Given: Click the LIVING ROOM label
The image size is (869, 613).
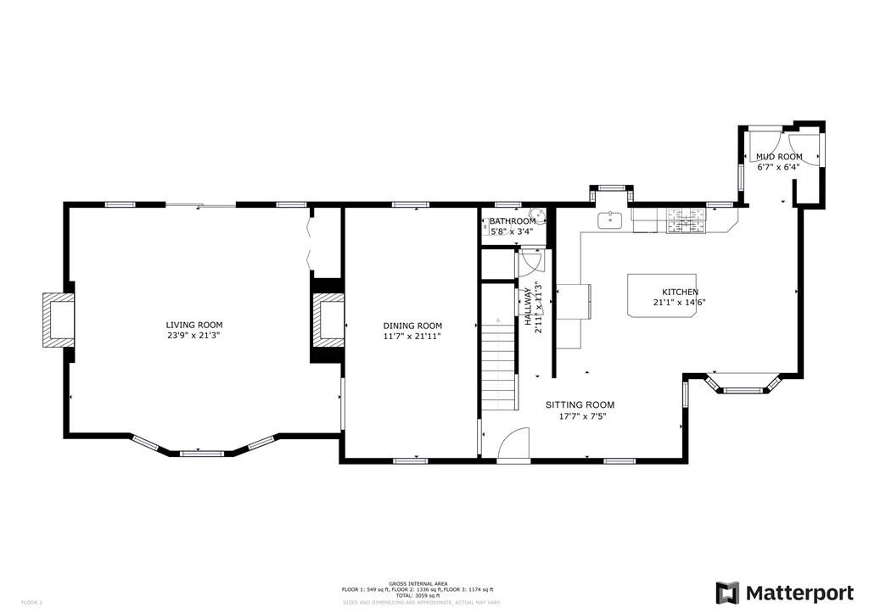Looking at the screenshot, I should [194, 325].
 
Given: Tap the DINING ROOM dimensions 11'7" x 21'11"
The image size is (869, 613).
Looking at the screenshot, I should [412, 337].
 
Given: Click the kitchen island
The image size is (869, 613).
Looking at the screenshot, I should [663, 295].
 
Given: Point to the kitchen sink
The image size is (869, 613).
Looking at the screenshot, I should [610, 221].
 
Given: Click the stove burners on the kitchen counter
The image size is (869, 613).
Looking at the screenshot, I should [686, 220].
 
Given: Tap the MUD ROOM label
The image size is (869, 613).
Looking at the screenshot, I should [779, 157].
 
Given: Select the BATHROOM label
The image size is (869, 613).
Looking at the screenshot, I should [512, 221].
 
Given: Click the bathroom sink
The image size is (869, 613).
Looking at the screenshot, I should [536, 216].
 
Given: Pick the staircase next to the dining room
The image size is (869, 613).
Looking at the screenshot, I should [499, 360].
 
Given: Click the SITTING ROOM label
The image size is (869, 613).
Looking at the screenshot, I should [580, 405].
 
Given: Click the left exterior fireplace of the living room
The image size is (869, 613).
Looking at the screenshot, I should [58, 320].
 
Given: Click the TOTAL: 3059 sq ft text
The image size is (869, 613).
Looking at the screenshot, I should [416, 595].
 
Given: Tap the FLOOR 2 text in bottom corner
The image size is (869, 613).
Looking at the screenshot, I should [31, 602].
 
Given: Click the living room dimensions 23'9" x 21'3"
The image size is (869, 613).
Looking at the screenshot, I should [194, 337].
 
